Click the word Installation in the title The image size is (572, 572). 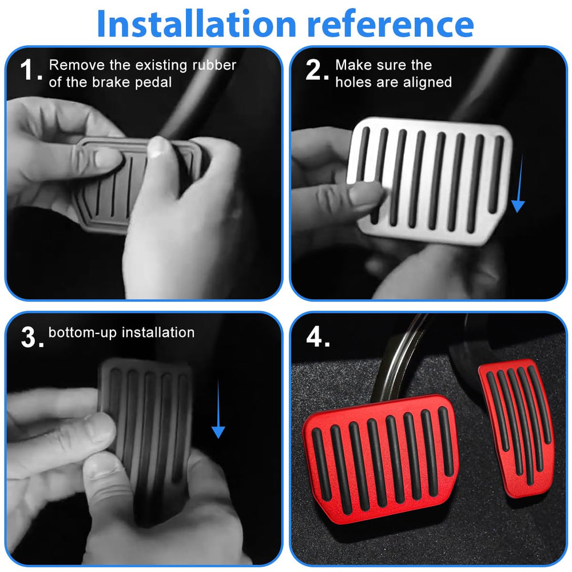click(197, 23)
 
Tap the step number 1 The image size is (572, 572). click(31, 70)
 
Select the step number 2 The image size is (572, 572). click(317, 70)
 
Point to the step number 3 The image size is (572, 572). click(32, 337)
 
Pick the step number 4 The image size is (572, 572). click(317, 336)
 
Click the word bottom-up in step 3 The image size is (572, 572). click(82, 333)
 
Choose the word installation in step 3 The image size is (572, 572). click(158, 332)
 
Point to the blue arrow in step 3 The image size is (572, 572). click(218, 409)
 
